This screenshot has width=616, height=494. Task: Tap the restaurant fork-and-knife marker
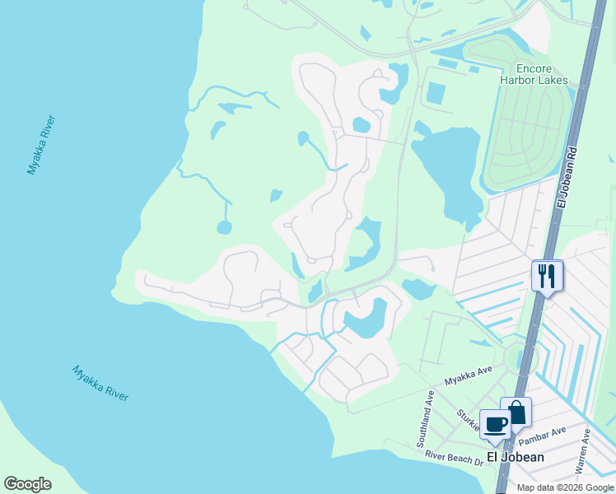click(x=547, y=275)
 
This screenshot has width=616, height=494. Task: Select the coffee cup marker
click(x=495, y=424)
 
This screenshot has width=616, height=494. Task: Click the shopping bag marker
click(x=516, y=412)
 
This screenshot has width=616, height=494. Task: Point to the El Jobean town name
click(x=515, y=457)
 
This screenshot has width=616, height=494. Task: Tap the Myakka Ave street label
click(x=468, y=377)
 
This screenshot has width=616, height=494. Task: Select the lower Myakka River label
click(x=100, y=383)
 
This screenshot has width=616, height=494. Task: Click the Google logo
click(x=27, y=484)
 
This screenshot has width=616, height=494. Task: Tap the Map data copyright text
click(x=564, y=487)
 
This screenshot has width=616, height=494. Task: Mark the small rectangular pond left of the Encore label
click(x=436, y=94)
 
